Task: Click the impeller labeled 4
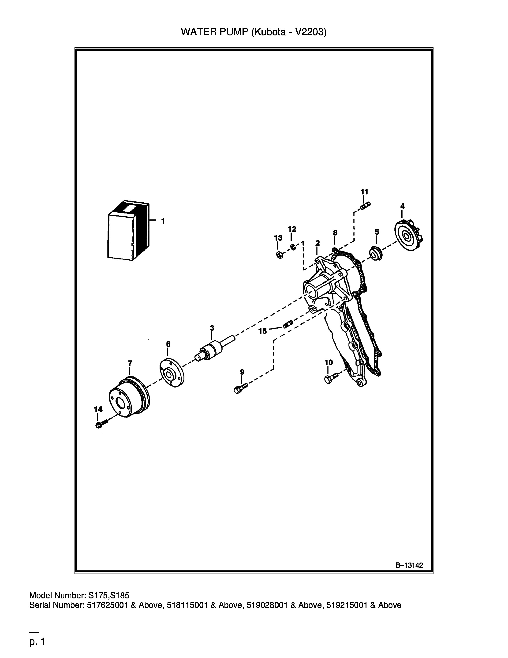[x=409, y=235]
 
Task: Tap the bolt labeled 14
[x=101, y=424]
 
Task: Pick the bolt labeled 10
[x=331, y=377]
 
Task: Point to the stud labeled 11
[x=366, y=206]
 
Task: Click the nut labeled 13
[x=279, y=255]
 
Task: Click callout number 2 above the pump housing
[x=317, y=243]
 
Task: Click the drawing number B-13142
[x=409, y=565]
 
